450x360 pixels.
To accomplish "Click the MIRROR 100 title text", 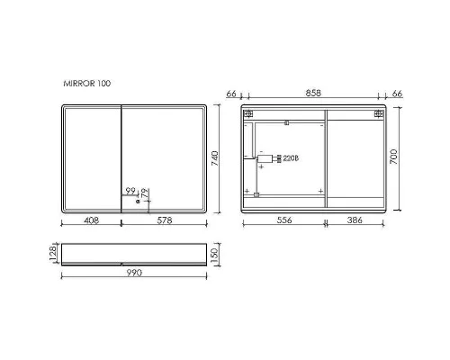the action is point(87,84).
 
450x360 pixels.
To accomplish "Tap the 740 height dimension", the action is point(215,158).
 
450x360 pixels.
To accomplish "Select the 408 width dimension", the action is point(91,220).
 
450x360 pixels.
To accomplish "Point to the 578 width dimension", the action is point(165,220).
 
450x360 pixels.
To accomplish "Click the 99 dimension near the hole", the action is point(130,191).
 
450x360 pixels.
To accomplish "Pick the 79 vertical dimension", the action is point(145,193).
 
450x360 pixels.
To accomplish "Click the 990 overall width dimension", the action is point(134,273).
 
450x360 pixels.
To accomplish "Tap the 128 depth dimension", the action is point(53,254).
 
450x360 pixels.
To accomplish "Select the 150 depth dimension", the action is point(215,256).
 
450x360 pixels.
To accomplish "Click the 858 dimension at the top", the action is point(313,94).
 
